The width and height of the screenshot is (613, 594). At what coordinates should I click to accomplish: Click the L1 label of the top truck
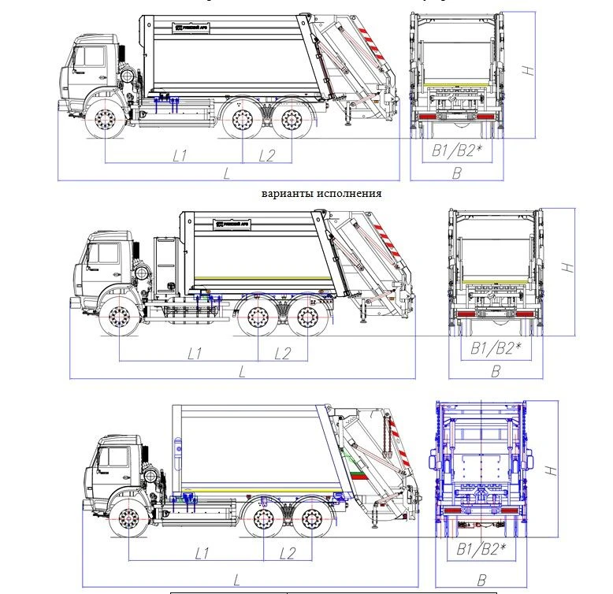[180, 155]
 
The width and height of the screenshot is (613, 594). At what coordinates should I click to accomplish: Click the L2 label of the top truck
[268, 155]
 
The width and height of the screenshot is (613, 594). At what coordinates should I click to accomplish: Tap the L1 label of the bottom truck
[202, 553]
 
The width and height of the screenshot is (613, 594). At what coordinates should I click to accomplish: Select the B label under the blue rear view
[481, 581]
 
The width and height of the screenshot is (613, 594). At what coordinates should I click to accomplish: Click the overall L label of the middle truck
[242, 370]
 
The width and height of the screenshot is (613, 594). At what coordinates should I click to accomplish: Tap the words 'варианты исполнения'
[321, 193]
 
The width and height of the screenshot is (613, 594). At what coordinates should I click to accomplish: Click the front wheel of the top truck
[106, 121]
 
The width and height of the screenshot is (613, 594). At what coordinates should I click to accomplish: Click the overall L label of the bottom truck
[236, 580]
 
